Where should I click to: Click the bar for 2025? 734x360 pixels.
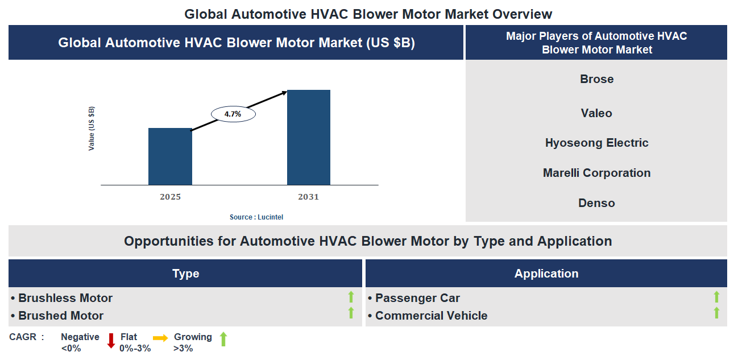click(170, 156)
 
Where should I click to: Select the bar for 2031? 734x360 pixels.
click(308, 137)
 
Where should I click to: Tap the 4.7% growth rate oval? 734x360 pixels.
click(233, 114)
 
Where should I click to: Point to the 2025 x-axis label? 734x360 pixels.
click(170, 197)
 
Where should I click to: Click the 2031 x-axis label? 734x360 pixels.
click(308, 197)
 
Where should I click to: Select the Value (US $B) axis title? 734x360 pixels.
click(92, 129)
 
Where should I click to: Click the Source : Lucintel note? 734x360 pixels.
click(256, 217)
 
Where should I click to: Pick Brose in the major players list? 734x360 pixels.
click(596, 79)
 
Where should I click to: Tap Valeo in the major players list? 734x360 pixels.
click(596, 113)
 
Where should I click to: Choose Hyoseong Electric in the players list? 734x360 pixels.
click(596, 143)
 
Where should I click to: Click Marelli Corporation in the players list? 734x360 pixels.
click(596, 173)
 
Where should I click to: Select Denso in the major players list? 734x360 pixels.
click(596, 203)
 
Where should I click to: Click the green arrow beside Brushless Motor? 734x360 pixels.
click(351, 297)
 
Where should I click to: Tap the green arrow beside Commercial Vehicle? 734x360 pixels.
click(716, 313)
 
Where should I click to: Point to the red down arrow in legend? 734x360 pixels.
click(111, 340)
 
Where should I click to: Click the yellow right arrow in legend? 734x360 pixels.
click(160, 338)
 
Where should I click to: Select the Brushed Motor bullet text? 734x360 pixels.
click(61, 316)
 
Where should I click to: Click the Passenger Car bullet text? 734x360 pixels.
click(417, 298)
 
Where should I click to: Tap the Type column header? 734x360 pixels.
click(185, 274)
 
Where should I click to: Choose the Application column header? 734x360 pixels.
click(546, 274)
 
